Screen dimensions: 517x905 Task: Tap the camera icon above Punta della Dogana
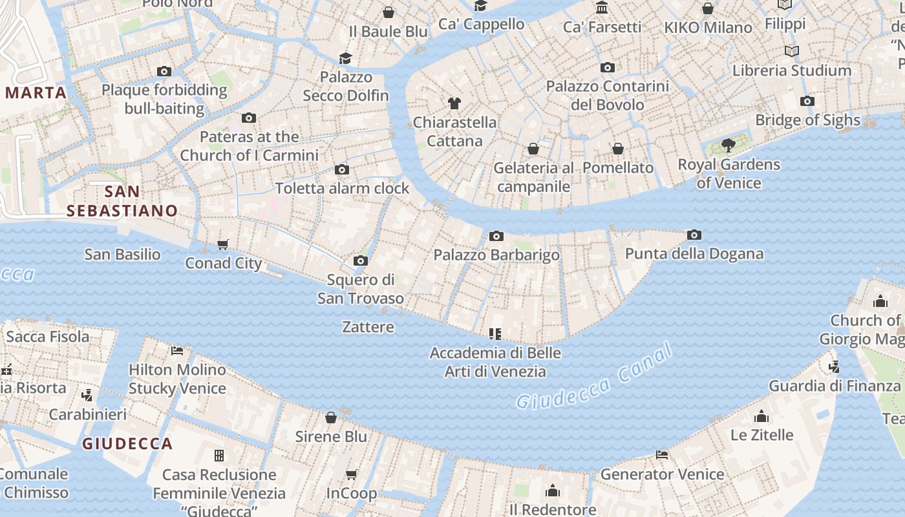tap(694, 235)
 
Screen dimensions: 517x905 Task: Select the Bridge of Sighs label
tap(807, 120)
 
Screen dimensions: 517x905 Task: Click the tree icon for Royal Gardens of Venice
tap(729, 145)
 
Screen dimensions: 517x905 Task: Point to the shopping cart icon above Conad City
tap(223, 244)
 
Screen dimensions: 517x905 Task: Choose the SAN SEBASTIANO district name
tap(122, 201)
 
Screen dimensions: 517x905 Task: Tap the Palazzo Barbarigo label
tap(496, 255)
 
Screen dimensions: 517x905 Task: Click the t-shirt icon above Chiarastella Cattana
tap(454, 103)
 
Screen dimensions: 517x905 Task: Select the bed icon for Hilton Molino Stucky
tap(177, 351)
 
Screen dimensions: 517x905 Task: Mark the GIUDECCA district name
tap(127, 443)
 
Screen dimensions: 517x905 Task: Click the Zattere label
tap(368, 327)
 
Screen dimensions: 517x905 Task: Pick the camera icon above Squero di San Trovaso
tap(361, 261)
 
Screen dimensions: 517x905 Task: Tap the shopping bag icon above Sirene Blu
tap(331, 417)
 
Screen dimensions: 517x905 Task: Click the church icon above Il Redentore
tap(552, 491)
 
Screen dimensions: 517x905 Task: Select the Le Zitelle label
tap(761, 435)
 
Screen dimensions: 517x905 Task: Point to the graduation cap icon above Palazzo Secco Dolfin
tap(346, 59)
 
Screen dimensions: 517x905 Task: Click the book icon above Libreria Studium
tap(791, 51)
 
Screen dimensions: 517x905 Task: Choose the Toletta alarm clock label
tap(342, 188)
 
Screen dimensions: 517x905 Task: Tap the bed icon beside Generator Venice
tap(662, 455)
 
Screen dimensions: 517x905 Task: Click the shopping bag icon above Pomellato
tap(618, 149)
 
